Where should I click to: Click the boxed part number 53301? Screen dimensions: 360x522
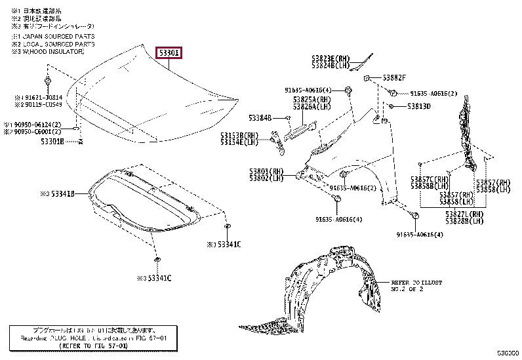169,53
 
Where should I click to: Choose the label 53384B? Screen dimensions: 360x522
260,118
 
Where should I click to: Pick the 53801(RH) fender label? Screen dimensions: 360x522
266,171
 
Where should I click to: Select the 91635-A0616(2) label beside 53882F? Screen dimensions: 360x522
433,94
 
